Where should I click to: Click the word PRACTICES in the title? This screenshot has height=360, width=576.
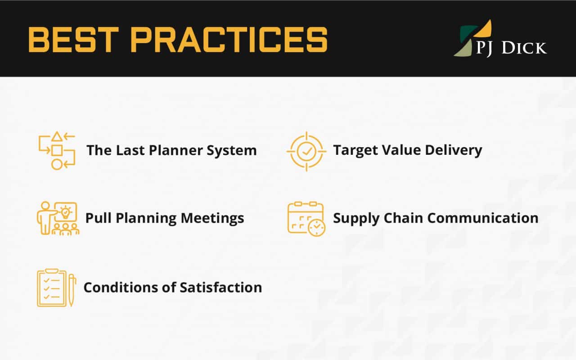[x=229, y=40]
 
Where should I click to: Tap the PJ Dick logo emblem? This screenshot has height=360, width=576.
[x=472, y=38]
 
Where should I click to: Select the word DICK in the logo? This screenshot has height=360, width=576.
[x=524, y=48]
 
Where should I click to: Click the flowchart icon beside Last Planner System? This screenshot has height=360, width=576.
[x=57, y=151]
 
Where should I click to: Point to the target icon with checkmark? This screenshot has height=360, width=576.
[x=306, y=152]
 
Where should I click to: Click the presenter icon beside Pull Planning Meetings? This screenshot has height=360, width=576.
[x=58, y=218]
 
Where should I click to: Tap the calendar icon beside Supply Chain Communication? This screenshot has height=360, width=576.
[x=306, y=219]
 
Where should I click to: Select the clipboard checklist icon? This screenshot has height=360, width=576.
[x=57, y=288]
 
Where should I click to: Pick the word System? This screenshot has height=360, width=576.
[x=232, y=151]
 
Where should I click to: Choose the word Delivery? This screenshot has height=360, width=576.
[x=454, y=150]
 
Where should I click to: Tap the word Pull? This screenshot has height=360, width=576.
[x=99, y=218]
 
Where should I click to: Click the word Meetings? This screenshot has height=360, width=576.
[x=212, y=219]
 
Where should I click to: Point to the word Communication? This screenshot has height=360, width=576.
[x=483, y=218]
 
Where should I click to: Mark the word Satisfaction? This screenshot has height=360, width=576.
[x=221, y=288]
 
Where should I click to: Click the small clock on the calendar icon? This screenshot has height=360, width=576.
[x=316, y=228]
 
